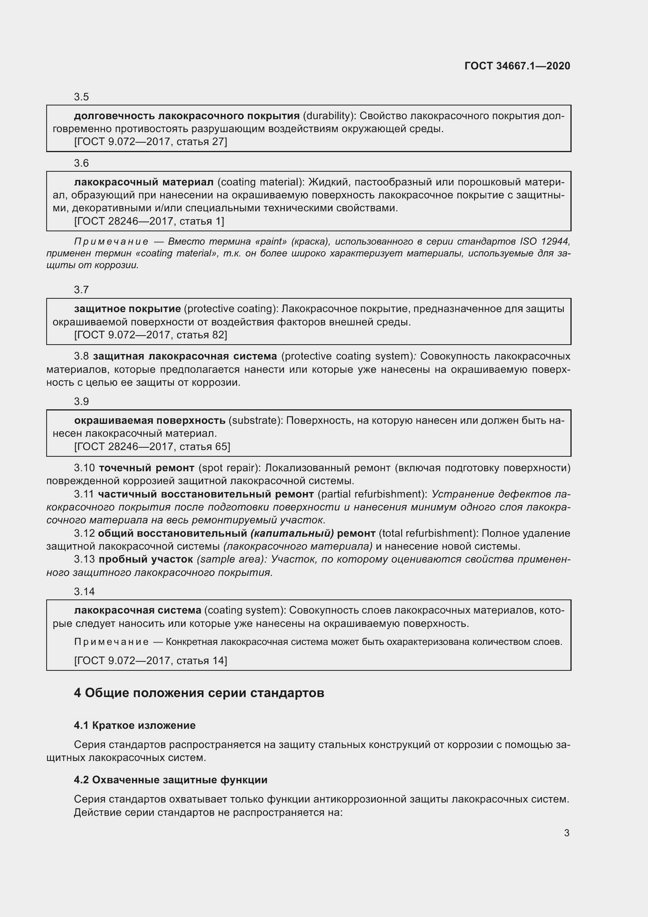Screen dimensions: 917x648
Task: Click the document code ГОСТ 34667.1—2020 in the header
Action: click(517, 66)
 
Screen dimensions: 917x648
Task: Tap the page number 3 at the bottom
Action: click(567, 833)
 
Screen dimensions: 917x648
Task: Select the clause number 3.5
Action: click(81, 97)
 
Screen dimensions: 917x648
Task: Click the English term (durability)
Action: click(329, 116)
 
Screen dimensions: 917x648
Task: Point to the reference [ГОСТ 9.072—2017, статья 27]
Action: click(150, 142)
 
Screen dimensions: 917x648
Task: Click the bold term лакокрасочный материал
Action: click(144, 182)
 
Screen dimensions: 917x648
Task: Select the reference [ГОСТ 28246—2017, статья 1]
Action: click(149, 221)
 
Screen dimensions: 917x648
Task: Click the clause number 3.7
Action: click(81, 290)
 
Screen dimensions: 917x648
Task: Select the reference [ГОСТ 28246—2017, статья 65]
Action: click(152, 447)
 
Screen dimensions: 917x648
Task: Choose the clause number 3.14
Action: click(84, 592)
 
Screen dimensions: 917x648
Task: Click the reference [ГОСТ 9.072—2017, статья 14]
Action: click(150, 661)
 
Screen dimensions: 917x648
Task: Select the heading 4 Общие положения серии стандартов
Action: click(199, 693)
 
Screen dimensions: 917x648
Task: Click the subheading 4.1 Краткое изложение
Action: click(134, 725)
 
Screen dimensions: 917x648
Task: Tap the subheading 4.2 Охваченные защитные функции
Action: click(170, 780)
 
